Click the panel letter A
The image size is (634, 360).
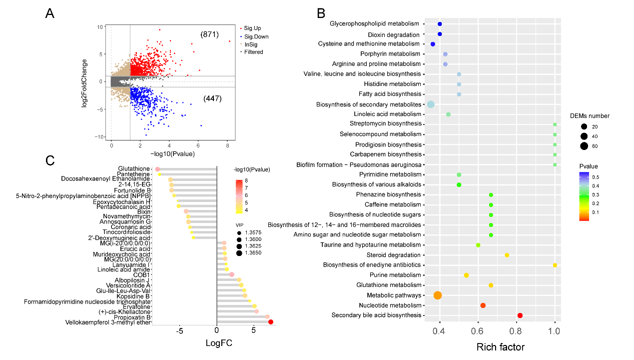click(x=50, y=14)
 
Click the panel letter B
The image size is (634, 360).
click(x=321, y=13)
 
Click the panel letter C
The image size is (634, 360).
click(x=50, y=160)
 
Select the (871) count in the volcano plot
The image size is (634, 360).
click(x=209, y=34)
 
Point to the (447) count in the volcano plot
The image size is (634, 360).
click(x=212, y=98)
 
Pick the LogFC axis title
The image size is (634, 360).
click(x=219, y=343)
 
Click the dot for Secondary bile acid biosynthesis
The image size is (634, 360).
click(x=520, y=315)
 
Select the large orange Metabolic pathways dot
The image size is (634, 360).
click(x=438, y=295)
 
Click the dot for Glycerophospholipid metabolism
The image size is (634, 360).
click(x=440, y=24)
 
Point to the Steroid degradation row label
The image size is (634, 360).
click(x=391, y=255)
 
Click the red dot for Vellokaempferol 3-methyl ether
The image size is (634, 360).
click(x=271, y=322)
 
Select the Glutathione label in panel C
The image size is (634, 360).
click(x=134, y=169)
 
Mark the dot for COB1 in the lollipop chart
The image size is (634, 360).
click(x=232, y=274)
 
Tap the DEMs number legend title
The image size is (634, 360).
click(x=590, y=116)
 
